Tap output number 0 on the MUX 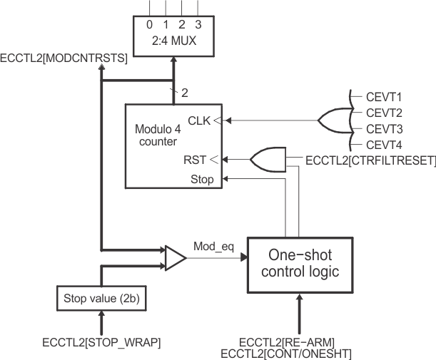tap(149, 24)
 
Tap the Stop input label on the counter tap(202, 180)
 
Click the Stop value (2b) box tap(102, 297)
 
